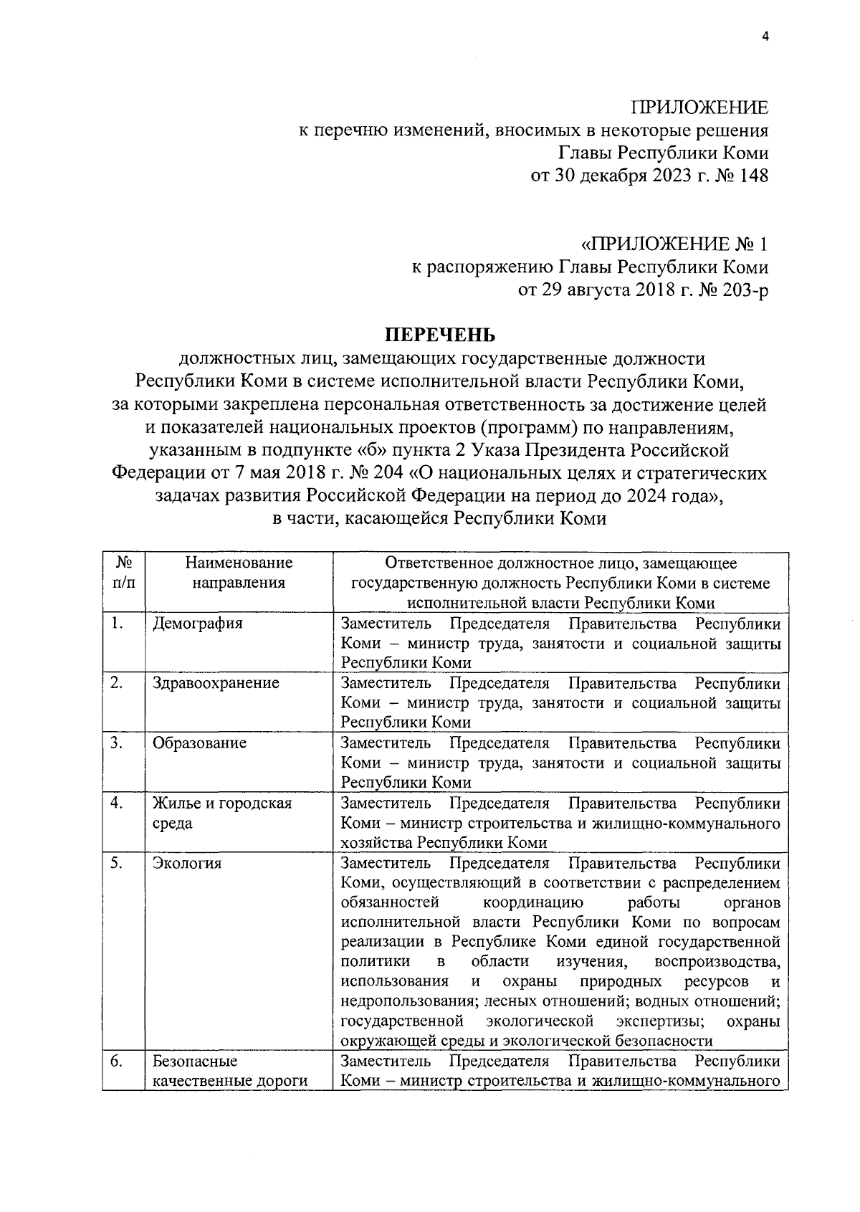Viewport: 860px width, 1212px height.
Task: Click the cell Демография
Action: click(x=198, y=623)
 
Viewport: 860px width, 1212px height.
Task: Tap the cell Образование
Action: click(x=199, y=743)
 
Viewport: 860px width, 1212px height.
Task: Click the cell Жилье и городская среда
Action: click(x=222, y=813)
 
